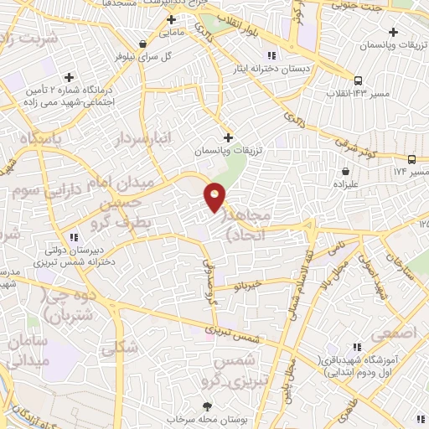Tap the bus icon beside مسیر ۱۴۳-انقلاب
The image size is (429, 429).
(358, 81)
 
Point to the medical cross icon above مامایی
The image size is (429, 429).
(172, 19)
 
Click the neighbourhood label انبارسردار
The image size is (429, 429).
(145, 137)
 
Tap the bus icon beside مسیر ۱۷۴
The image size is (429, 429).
(411, 159)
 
